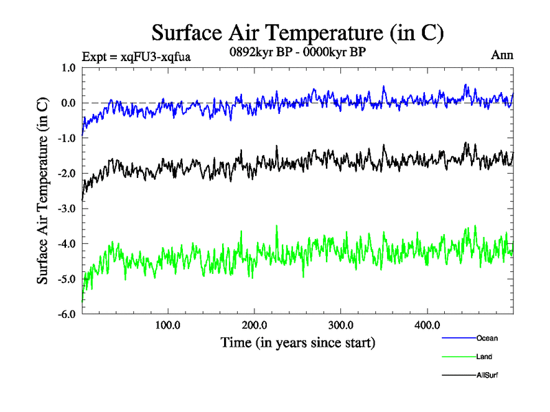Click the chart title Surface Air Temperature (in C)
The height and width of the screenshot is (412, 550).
click(297, 32)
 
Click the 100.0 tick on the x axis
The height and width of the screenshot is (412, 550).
click(168, 325)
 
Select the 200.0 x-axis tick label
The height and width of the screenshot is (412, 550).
click(254, 325)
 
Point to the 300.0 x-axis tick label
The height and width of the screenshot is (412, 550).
click(341, 325)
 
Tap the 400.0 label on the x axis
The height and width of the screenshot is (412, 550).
click(428, 325)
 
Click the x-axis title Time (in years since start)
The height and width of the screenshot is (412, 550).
click(298, 342)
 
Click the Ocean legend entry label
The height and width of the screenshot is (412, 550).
click(487, 338)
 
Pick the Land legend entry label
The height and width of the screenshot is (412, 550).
click(484, 356)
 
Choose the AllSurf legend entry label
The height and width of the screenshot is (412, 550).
click(487, 376)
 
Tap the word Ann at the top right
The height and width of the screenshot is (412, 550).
click(502, 54)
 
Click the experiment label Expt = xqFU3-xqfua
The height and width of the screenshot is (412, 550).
click(135, 56)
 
